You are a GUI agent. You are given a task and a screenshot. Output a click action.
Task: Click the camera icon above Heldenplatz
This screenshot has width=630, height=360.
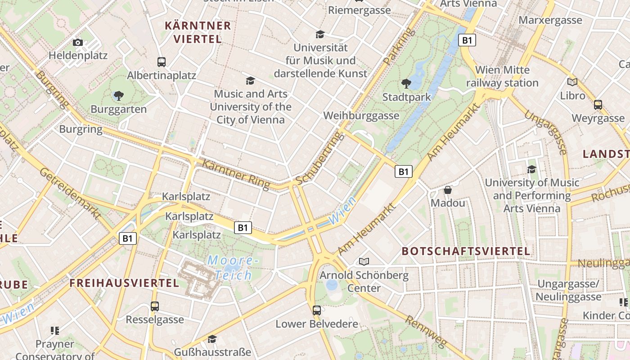78,42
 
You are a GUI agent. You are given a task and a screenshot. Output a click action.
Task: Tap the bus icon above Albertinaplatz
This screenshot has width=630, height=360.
162,62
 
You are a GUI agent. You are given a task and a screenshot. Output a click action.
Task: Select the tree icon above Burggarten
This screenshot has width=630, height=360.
119,95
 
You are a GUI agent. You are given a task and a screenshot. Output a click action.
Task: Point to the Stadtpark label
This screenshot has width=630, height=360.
406,97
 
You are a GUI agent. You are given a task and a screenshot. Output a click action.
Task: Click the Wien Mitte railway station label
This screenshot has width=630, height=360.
502,76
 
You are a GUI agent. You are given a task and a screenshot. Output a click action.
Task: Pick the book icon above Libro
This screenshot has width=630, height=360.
572,82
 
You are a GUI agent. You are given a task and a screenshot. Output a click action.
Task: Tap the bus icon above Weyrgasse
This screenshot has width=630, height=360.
598,105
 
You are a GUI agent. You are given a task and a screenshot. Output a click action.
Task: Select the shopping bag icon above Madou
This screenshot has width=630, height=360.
448,190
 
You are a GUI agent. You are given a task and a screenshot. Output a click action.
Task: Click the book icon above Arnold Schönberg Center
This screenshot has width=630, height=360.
364,261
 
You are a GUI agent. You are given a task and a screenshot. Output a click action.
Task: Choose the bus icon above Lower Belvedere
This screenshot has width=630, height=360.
317,310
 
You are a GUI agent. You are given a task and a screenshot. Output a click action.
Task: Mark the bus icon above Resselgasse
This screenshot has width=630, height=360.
155,306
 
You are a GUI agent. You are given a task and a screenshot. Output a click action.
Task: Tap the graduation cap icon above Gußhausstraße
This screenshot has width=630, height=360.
212,339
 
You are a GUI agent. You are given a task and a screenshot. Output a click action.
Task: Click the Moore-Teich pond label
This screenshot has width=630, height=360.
233,267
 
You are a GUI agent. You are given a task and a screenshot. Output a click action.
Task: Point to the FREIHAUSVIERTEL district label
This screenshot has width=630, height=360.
124,283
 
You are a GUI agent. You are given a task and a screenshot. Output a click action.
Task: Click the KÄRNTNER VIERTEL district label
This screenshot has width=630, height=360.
198,32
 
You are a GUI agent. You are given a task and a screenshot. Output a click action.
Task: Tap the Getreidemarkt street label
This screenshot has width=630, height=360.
69,193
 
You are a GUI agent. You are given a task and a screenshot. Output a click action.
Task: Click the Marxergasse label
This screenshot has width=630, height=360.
550,20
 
